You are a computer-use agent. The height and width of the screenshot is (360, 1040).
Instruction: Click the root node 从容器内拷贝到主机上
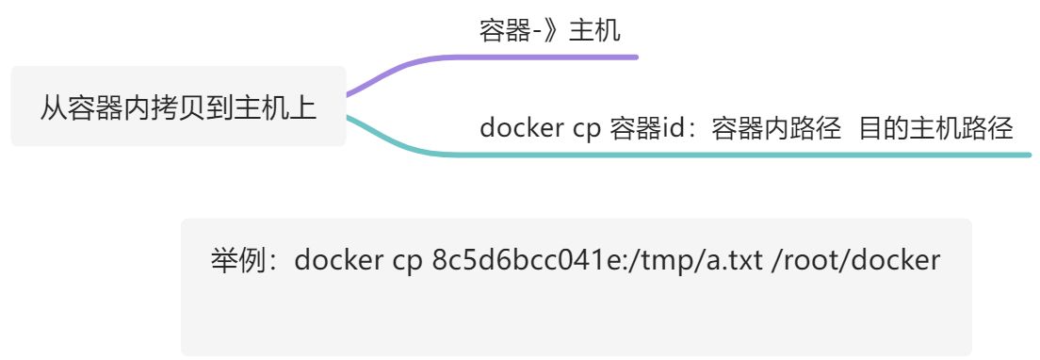point(178,106)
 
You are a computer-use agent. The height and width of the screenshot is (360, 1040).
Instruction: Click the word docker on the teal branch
point(521,128)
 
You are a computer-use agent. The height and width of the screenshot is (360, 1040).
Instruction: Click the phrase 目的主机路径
point(936,128)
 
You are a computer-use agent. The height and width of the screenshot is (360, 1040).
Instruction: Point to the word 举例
point(236,260)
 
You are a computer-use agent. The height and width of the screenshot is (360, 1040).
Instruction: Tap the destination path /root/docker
point(855,260)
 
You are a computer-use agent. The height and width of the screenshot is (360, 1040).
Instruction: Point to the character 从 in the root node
point(52,106)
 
